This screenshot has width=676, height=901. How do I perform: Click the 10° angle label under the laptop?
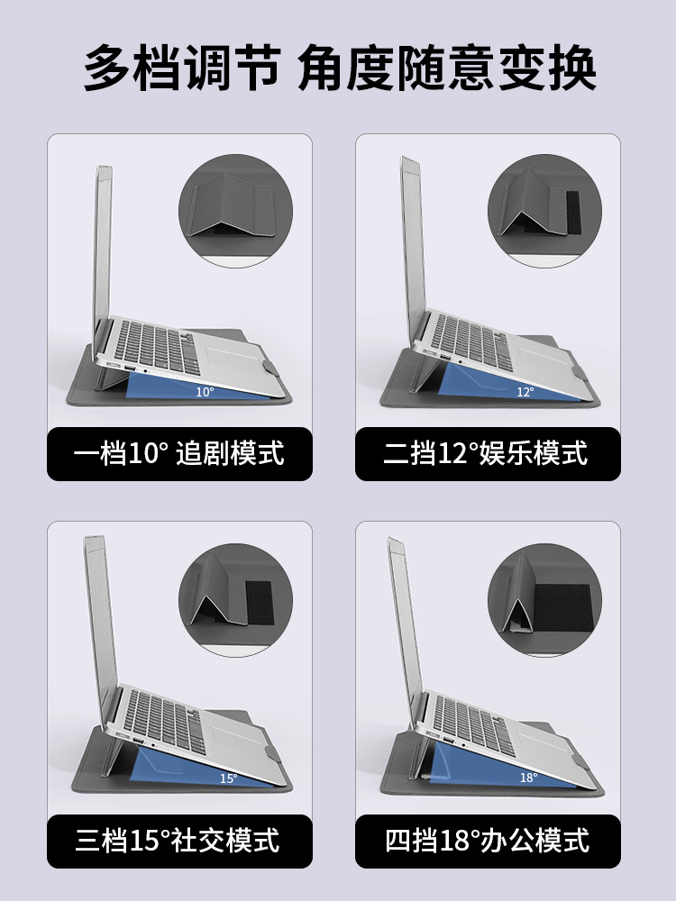[205, 392]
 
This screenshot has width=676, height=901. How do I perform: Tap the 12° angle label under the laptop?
[525, 392]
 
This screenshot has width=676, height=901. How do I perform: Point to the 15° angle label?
[228, 778]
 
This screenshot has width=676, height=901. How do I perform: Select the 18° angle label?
[529, 778]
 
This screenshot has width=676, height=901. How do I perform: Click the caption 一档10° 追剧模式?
[178, 453]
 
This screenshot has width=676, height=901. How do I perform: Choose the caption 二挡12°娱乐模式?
[486, 453]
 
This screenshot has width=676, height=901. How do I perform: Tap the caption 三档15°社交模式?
[178, 840]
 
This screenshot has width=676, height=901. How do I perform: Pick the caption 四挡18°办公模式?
[488, 840]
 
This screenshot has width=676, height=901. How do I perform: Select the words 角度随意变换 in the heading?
[447, 68]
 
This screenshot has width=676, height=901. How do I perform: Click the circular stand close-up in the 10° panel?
[235, 210]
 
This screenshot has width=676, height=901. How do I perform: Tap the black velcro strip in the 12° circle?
[573, 212]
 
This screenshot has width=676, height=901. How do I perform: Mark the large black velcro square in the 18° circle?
[562, 608]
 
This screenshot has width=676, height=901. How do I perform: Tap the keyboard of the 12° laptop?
[471, 341]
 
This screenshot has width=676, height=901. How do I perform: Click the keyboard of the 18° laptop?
[474, 725]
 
